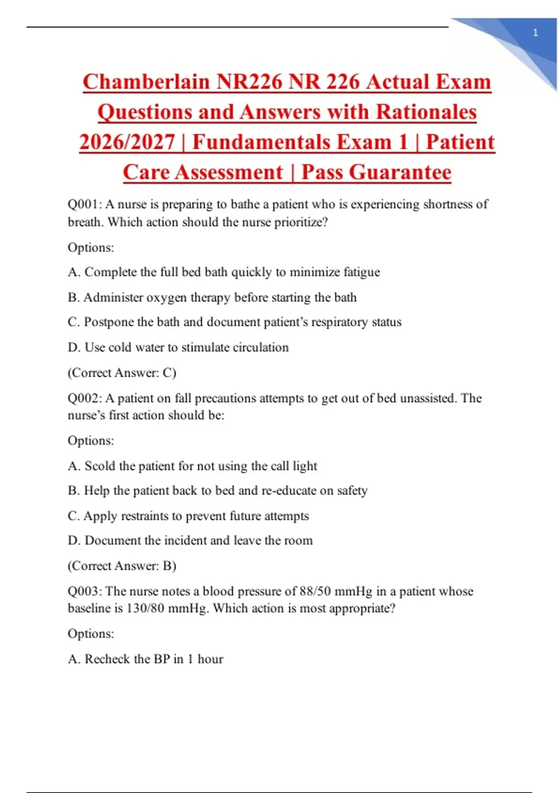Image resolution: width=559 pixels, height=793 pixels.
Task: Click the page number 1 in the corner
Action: pos(535,33)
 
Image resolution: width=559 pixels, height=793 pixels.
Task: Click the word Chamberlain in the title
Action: pos(146,82)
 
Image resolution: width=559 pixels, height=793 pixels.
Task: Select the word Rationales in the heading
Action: pos(426,112)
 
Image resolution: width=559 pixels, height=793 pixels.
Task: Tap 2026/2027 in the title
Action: pos(127,142)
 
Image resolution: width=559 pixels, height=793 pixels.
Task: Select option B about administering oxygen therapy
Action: pos(212,298)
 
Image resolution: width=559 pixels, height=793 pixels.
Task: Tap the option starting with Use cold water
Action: pos(178,348)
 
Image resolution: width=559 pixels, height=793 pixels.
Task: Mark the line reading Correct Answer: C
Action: pos(122,373)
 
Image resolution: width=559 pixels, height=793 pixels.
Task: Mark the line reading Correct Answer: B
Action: pos(122,566)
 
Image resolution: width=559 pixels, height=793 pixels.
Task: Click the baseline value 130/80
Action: pos(145,608)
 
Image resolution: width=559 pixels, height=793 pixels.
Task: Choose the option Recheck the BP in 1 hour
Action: pos(145,659)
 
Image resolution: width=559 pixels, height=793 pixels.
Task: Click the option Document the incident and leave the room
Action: pos(190,541)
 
